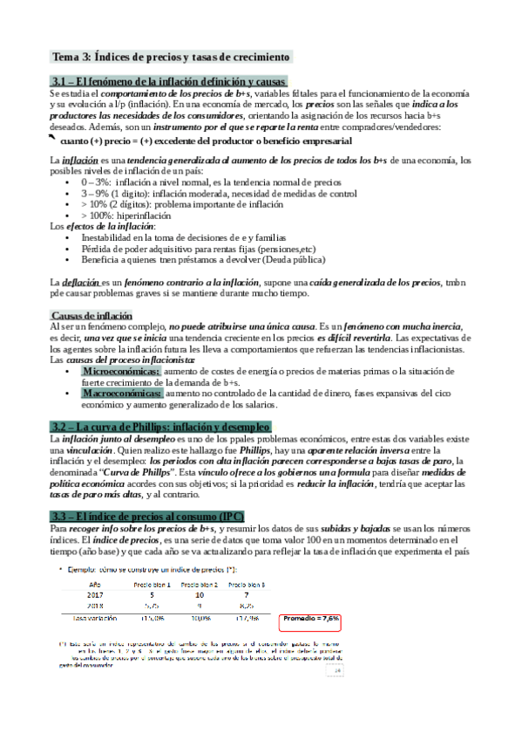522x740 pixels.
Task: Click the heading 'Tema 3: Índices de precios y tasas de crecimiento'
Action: pos(171,58)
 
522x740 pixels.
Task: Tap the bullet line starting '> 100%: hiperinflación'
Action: pos(121,215)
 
